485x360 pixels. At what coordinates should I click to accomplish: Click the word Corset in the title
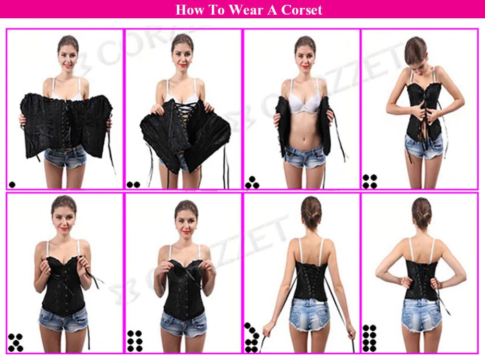[296, 10]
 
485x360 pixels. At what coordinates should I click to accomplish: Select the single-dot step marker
[12, 184]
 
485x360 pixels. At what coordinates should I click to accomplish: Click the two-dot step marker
[133, 184]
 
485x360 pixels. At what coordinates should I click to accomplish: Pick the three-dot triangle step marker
[252, 182]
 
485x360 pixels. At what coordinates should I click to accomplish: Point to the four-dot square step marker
[370, 181]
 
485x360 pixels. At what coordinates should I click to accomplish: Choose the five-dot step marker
[16, 342]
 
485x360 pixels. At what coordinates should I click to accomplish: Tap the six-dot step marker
[134, 341]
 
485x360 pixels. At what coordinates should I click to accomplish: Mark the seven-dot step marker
[252, 338]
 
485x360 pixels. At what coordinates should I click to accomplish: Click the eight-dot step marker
[369, 338]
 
